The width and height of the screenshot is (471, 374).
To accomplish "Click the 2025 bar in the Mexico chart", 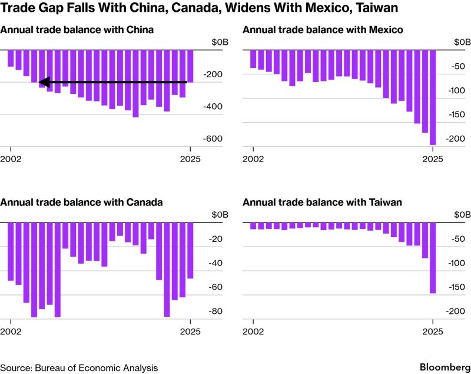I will pos(433,97).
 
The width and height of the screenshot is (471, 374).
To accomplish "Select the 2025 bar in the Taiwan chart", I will pos(433,258).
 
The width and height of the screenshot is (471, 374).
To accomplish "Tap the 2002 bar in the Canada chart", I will pos(11,251).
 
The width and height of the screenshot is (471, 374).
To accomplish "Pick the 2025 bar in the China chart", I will pos(190,66).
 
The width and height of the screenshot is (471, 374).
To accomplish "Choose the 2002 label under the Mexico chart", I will pos(253,159).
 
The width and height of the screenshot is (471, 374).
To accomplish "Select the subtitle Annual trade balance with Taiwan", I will pos(322,202).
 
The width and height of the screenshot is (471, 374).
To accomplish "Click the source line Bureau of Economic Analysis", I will pos(79,368).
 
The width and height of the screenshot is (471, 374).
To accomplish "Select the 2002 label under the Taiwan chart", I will pos(253,331).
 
